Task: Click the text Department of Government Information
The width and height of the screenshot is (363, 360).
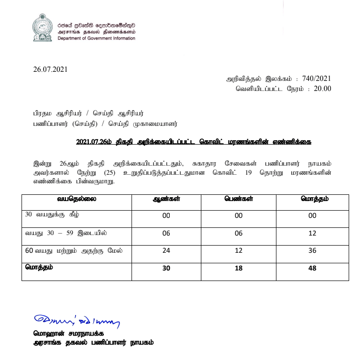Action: tap(96, 38)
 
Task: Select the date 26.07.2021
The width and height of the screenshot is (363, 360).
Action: tap(50, 69)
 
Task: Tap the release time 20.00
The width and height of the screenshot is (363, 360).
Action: tap(322, 89)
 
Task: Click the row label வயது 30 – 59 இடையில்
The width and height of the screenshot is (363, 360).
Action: tap(66, 233)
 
